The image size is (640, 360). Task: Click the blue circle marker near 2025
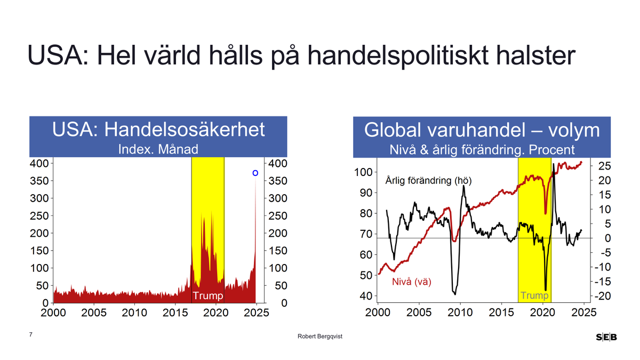255,173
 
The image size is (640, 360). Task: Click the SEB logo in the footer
606,337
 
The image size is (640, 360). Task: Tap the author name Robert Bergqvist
320,337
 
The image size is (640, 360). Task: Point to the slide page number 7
31,334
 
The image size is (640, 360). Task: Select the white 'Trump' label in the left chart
207,295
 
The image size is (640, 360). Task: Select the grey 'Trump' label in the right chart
534,295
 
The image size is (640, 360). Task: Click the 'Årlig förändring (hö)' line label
428,180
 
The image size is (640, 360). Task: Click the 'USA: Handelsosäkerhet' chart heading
158,130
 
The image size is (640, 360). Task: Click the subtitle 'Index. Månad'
158,149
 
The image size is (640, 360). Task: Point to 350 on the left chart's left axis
41,181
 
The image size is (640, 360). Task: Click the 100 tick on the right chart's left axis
363,172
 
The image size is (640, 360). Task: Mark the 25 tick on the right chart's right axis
605,166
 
